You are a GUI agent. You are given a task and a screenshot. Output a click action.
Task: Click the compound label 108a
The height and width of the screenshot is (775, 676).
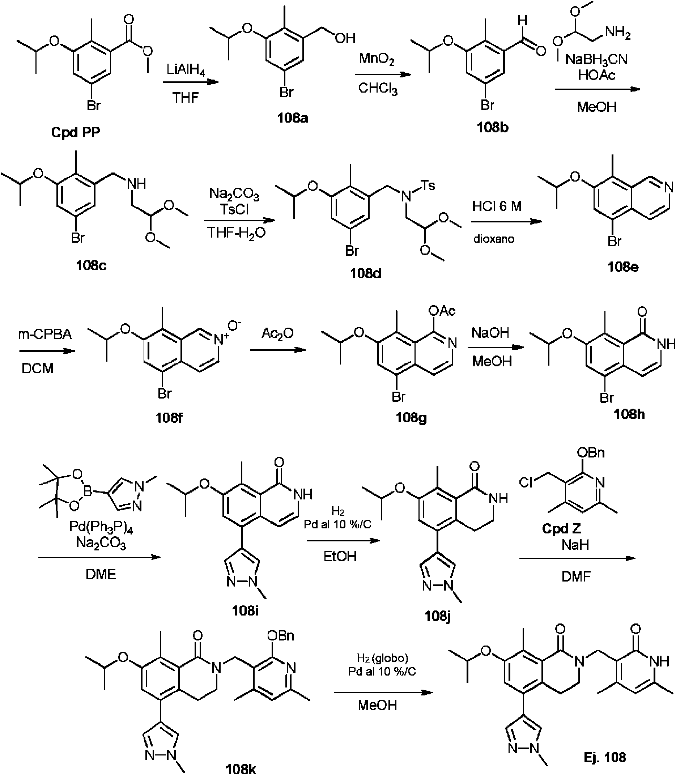tap(292, 118)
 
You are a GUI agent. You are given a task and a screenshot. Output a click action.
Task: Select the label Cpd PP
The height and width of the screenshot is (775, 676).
tap(76, 132)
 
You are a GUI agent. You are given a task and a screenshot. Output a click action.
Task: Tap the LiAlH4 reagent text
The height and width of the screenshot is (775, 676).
tap(186, 70)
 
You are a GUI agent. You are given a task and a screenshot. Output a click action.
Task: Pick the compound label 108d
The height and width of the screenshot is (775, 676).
tap(366, 273)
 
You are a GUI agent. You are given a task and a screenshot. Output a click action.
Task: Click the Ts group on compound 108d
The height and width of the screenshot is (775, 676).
tap(428, 185)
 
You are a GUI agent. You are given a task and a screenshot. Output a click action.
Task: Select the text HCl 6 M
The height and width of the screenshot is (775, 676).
tap(497, 206)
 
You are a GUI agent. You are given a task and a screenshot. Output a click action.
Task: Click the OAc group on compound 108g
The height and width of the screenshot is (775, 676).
tap(442, 311)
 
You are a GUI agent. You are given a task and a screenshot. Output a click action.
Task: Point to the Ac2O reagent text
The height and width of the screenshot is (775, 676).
tap(278, 333)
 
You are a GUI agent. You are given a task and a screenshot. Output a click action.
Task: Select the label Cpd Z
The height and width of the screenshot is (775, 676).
tap(561, 528)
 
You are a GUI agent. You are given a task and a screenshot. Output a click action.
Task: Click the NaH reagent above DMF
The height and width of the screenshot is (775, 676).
tap(575, 545)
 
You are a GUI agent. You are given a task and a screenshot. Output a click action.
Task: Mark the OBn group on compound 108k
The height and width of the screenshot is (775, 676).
tap(280, 636)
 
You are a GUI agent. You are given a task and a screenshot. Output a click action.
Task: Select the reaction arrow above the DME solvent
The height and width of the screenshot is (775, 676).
tap(99, 557)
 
